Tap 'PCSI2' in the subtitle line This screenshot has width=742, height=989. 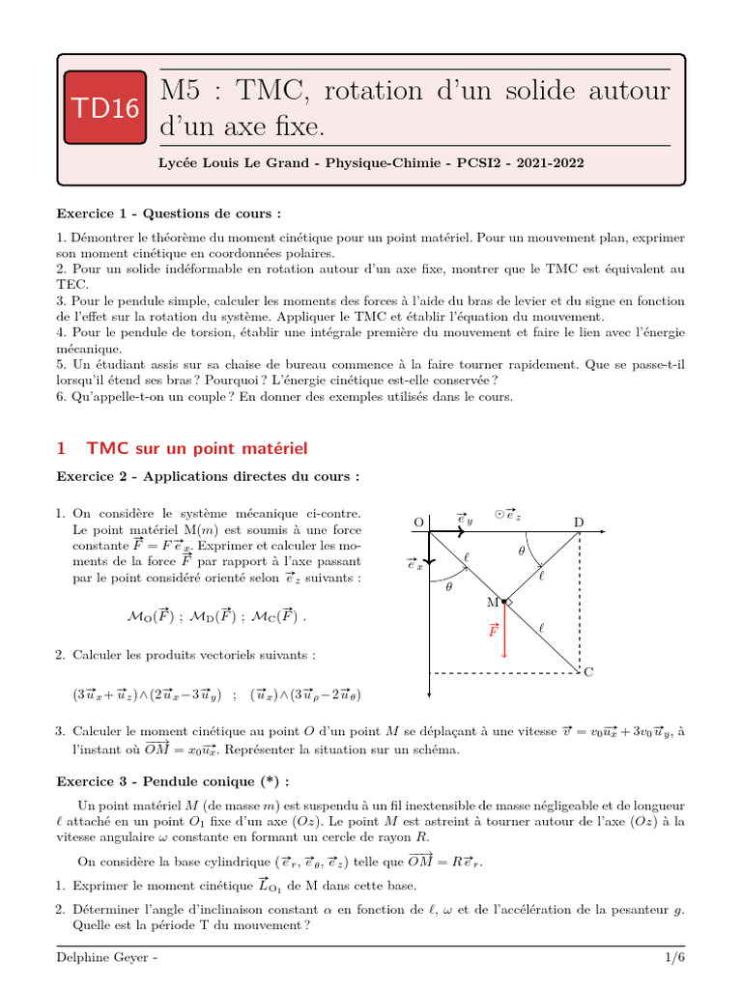coord(488,163)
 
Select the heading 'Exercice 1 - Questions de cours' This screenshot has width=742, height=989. coord(169,213)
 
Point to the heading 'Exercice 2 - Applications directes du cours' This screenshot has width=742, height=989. coord(208,476)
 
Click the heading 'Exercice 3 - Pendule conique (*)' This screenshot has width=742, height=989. coord(173,780)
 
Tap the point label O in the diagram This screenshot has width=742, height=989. coord(418,523)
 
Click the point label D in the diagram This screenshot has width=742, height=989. coord(579,523)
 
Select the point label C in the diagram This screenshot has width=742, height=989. coord(588,672)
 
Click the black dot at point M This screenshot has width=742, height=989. coord(504,602)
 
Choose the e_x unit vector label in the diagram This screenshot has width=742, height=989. coord(414,565)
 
